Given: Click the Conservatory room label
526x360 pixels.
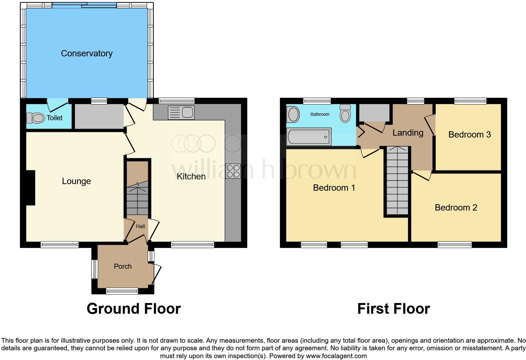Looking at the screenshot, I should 87,53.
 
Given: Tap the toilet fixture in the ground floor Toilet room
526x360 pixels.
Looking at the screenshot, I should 35,118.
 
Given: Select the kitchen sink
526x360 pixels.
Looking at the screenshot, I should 181,112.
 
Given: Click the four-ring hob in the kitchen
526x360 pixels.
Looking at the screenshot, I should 233,171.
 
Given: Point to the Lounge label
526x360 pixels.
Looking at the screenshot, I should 76,181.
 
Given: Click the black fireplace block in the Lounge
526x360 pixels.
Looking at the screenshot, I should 31,188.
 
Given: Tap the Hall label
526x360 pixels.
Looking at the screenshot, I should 140,226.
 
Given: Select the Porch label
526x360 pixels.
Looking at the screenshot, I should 123,267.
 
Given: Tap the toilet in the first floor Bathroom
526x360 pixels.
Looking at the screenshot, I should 345,114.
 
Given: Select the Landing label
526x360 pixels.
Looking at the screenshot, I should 408,133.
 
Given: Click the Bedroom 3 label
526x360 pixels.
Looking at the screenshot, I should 469,135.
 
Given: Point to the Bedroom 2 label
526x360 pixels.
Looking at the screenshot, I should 456,208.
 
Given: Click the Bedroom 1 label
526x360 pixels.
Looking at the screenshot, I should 334,188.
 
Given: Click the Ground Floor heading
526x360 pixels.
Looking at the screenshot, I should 134,309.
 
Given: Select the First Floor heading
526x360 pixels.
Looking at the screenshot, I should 393,309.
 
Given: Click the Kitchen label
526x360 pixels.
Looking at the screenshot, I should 191,177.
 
